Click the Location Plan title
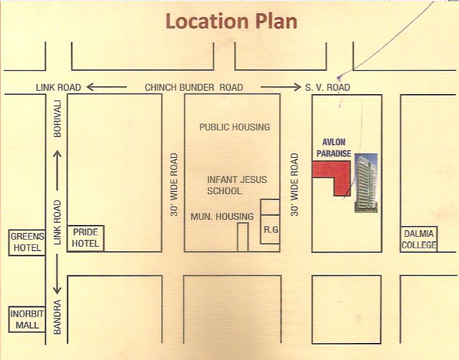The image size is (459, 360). click(231, 21)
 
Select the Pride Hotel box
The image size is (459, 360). click(85, 238)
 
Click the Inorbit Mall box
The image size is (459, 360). click(25, 318)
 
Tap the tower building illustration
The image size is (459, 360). click(366, 182)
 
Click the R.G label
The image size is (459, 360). click(270, 230)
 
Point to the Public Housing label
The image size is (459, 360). click(234, 127)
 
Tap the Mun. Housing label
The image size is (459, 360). click(222, 217)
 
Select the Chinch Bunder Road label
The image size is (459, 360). click(194, 88)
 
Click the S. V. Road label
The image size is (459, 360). click(327, 88)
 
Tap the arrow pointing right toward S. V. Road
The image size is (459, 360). click(279, 88)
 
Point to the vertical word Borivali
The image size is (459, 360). click(57, 120)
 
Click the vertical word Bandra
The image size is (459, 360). click(57, 317)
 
